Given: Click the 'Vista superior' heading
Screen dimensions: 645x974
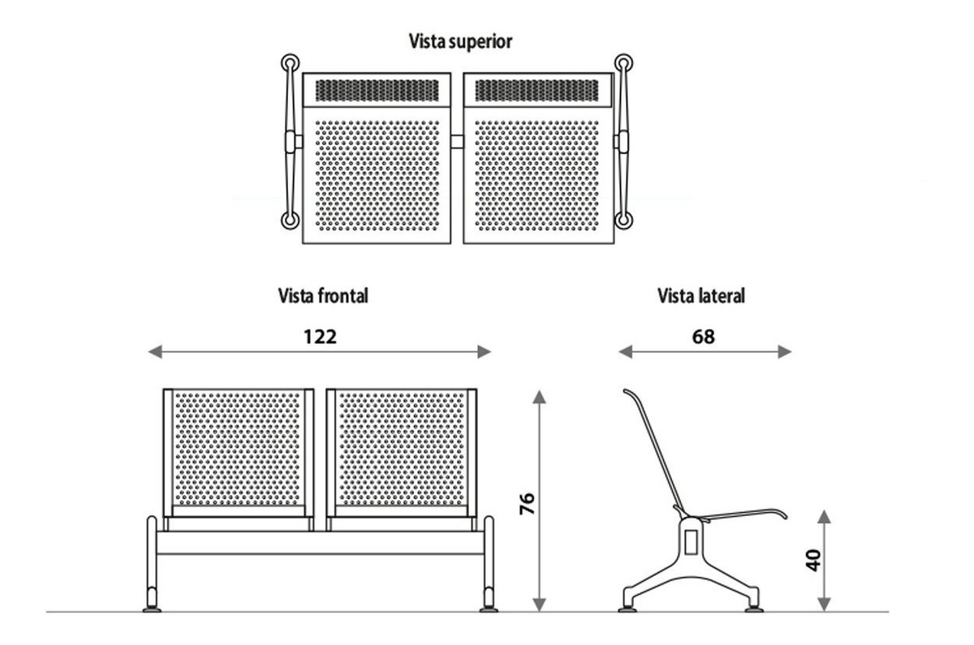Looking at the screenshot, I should (460, 41).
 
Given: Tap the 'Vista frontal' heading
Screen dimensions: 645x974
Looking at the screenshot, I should (322, 296).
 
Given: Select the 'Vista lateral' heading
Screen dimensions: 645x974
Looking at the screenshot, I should (700, 296).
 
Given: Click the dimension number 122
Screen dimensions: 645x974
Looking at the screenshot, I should (320, 336).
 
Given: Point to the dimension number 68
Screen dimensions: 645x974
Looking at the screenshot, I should (704, 336).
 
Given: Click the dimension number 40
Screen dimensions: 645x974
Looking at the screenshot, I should (812, 560).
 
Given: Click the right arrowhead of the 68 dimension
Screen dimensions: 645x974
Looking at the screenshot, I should (785, 351).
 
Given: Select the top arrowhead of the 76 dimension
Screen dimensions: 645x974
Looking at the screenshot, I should (540, 396).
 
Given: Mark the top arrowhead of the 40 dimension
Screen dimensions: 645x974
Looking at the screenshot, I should (824, 517).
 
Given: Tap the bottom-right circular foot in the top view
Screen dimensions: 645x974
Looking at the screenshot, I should (623, 220).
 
